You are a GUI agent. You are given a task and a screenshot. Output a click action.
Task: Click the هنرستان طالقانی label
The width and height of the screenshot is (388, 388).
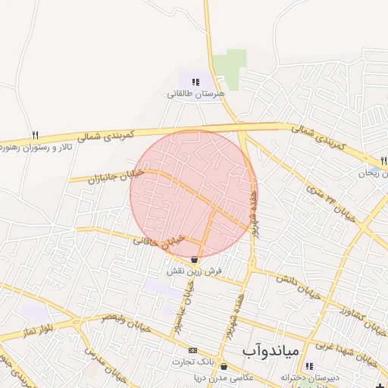196,95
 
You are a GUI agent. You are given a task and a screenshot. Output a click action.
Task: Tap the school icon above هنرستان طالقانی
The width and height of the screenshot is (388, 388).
196,82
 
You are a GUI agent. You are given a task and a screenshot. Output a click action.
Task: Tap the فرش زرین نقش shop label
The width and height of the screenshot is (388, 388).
194,271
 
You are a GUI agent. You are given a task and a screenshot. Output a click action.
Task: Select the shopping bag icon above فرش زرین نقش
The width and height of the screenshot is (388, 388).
195,259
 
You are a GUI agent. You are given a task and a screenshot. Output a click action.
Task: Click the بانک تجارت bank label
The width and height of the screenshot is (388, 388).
192,361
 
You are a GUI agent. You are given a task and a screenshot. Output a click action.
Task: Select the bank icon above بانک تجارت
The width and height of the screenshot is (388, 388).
192,350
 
